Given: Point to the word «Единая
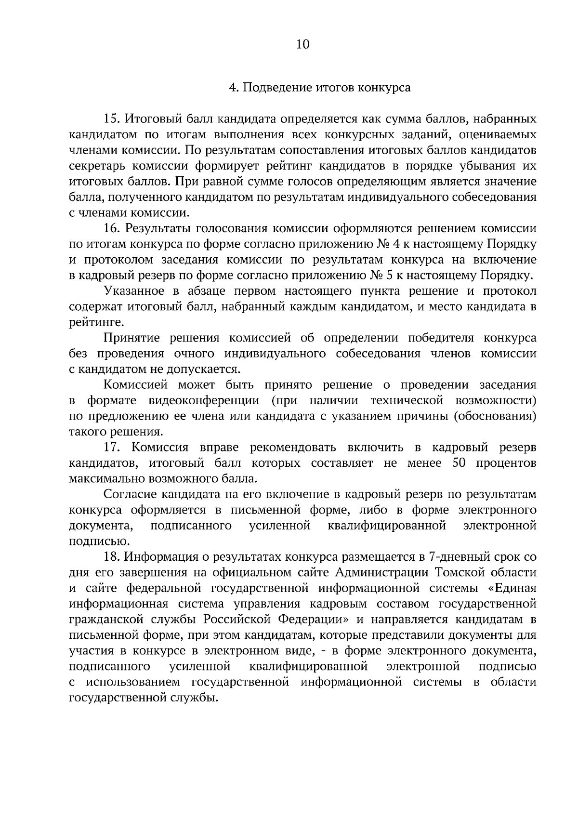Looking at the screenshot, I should click(x=512, y=589).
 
